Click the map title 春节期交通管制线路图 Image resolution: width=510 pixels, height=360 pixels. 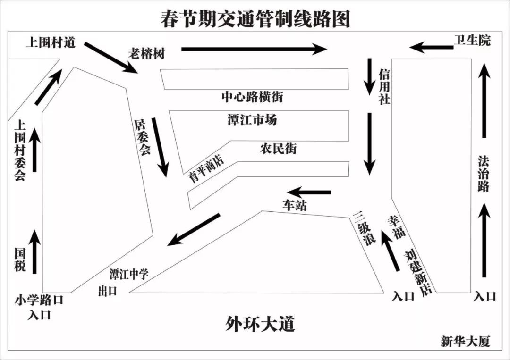(x=255, y=19)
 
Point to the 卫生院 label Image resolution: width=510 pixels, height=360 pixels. (x=472, y=41)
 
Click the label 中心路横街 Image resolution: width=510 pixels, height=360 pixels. (x=253, y=97)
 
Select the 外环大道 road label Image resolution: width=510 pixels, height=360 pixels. (x=260, y=325)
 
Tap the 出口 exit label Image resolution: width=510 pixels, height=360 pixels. (x=108, y=291)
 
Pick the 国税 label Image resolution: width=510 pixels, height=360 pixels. (x=20, y=260)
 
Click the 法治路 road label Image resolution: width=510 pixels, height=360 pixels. (x=483, y=174)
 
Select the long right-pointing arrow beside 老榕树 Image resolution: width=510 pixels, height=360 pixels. (x=254, y=49)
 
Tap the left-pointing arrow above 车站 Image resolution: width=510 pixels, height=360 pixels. (x=309, y=193)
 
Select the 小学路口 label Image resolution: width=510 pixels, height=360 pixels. (x=39, y=300)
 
